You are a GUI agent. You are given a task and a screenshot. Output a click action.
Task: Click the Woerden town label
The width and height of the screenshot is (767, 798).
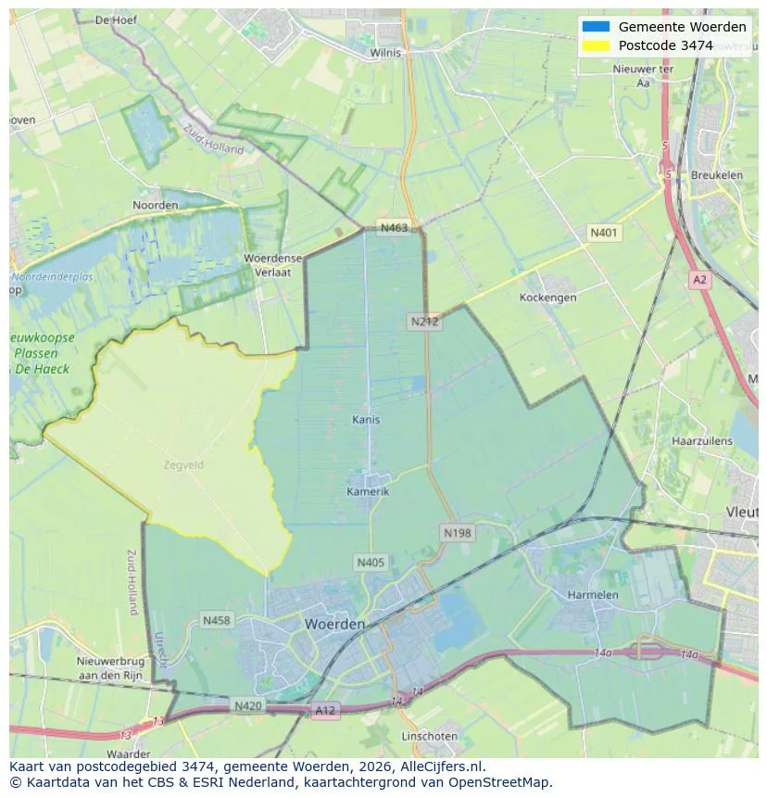334,625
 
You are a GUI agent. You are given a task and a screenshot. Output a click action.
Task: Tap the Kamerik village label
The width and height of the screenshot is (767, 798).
368,491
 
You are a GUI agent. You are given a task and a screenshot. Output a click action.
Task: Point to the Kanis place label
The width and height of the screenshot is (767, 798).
366,420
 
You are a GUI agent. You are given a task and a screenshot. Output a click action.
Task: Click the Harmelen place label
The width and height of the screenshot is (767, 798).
593,594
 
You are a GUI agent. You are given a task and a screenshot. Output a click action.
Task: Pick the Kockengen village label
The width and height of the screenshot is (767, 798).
547,298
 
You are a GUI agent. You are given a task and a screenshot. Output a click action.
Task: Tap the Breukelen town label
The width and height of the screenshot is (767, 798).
717,174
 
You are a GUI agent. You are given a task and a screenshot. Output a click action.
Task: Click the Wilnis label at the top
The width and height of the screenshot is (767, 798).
385,53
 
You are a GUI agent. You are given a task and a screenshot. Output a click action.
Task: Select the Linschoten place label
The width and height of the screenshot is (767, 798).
429,736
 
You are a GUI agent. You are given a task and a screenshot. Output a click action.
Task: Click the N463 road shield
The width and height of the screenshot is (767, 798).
393,227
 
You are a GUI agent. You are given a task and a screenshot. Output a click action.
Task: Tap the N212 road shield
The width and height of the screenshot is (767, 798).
424,322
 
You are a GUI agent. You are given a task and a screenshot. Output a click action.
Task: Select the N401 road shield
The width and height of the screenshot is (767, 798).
604,233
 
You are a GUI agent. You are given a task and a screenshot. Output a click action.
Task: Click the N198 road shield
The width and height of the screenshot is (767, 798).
457,532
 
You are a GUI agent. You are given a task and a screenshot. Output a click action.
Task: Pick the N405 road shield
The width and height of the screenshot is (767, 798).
370,562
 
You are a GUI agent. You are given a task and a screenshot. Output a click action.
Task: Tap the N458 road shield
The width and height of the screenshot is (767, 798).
217,620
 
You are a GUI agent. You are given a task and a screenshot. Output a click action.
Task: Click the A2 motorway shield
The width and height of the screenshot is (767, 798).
699,278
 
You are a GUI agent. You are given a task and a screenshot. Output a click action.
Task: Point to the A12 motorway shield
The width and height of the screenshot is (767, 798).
325,711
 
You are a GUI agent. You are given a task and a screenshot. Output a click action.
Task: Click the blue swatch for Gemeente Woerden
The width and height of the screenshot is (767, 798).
596,27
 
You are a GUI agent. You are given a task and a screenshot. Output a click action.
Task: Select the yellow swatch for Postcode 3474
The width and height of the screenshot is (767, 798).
596,45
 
